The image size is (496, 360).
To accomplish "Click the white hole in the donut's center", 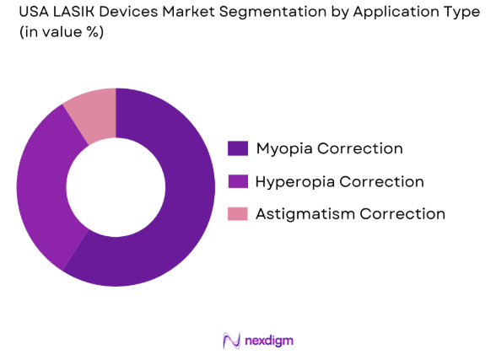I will click(x=116, y=187).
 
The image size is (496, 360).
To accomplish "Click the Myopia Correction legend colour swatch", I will click(x=238, y=149).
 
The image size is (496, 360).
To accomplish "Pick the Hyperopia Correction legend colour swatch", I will click(x=238, y=181).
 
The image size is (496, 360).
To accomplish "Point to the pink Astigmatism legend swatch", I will click(x=238, y=213).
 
